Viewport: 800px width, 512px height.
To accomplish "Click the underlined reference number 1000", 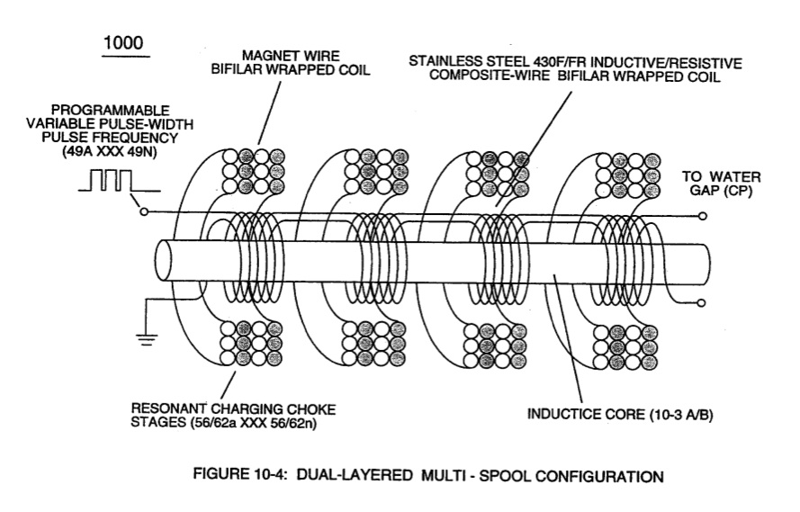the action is [123, 43].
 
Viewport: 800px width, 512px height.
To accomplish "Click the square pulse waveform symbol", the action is [119, 181].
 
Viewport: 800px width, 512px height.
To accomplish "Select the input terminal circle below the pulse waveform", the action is [144, 211].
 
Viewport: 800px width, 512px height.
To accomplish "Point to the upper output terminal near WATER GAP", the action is [703, 216].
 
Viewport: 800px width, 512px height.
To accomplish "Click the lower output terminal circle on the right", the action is [702, 303].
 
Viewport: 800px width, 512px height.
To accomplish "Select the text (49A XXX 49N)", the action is [109, 151].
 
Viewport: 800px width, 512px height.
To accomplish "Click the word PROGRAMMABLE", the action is [110, 110].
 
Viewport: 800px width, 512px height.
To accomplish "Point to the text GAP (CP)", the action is [721, 190].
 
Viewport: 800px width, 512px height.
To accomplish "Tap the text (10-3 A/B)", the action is [680, 415].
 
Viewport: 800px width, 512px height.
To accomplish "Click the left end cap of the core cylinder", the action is [165, 261].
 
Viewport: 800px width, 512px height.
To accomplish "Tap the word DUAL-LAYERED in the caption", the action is [355, 475].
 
